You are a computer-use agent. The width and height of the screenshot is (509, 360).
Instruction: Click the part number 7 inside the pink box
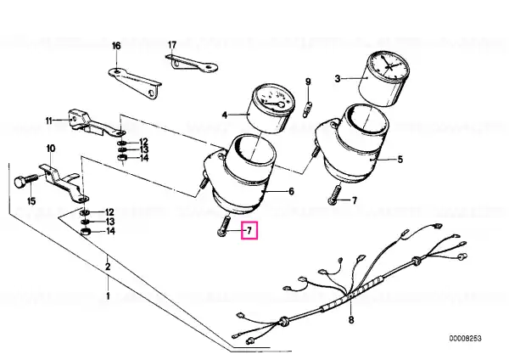[249, 231]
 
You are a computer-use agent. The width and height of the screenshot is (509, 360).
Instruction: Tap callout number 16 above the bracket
[116, 46]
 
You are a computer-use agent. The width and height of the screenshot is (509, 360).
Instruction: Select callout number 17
[172, 45]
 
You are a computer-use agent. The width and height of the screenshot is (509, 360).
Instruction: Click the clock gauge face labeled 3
[389, 66]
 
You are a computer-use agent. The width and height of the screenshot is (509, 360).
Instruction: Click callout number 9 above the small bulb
[308, 82]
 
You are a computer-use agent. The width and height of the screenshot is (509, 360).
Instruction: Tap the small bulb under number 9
[307, 110]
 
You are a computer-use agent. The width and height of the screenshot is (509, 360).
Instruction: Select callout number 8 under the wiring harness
[351, 320]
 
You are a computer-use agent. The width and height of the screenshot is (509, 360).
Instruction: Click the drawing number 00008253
[465, 339]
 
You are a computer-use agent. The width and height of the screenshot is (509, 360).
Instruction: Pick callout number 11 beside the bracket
[49, 121]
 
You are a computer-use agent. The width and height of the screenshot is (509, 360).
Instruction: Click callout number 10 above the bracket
[51, 149]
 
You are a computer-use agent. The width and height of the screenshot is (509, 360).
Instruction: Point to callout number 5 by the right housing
[400, 160]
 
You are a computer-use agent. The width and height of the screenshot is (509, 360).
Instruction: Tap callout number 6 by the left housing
[291, 192]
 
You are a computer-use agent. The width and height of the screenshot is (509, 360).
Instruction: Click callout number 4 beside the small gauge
[225, 115]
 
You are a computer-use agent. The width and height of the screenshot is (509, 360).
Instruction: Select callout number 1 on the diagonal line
[108, 296]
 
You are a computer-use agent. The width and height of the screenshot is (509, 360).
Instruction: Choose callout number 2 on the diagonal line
[108, 267]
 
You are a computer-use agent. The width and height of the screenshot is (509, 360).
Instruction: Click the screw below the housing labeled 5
[335, 194]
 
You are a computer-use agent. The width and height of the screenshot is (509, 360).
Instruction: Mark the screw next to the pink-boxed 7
[223, 226]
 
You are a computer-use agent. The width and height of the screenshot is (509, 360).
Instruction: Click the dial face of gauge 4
[274, 99]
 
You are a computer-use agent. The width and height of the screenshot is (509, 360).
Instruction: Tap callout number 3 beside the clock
[338, 79]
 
